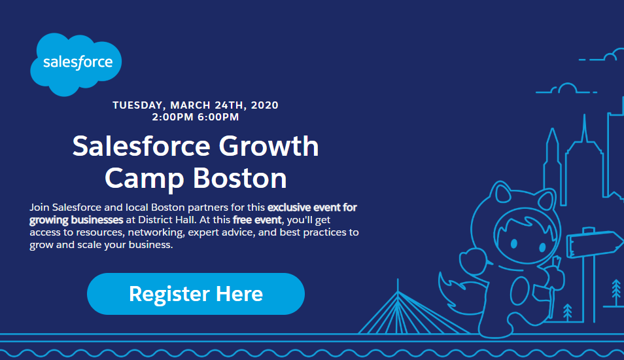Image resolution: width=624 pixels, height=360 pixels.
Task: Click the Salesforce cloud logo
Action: [76, 64]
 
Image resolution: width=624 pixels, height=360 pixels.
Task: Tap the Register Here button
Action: [196, 294]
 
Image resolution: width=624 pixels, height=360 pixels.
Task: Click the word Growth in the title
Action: [269, 146]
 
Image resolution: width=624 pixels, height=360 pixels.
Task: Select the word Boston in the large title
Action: [240, 178]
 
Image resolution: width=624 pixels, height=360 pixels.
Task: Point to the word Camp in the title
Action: [145, 179]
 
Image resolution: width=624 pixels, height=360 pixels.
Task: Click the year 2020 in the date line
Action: [265, 105]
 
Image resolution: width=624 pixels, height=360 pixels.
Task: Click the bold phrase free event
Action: [257, 220]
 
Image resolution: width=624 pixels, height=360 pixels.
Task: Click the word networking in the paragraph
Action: [156, 232]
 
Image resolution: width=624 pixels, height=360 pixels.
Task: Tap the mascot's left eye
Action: [513, 243]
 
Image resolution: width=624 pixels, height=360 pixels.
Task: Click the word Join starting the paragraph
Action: [39, 207]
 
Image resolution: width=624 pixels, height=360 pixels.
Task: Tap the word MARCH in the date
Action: [190, 105]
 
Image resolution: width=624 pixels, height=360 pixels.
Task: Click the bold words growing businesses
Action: [77, 220]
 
